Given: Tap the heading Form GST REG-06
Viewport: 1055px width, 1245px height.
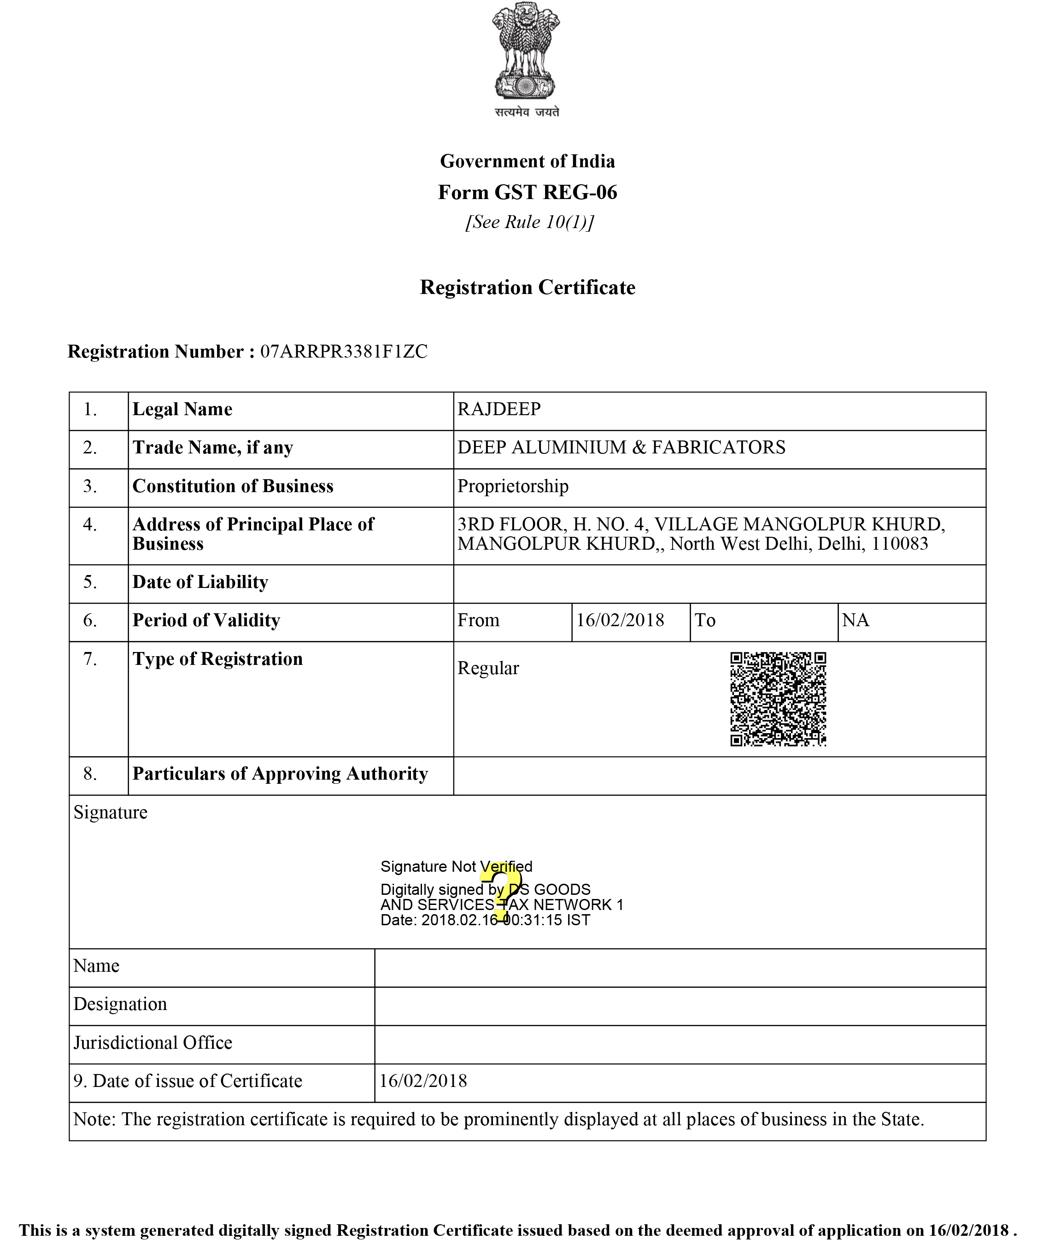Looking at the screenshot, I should (x=527, y=192).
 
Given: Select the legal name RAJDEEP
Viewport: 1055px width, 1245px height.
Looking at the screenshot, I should (x=499, y=409).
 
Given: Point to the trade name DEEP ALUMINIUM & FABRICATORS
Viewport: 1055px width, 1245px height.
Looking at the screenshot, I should (x=621, y=447).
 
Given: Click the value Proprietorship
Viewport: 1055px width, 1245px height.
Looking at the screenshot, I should (x=513, y=486).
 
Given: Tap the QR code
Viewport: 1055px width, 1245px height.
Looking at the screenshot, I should (x=778, y=699).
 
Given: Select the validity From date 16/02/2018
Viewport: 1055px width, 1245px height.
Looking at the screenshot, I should (x=620, y=620).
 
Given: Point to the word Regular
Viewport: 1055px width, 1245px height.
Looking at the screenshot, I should (x=488, y=668).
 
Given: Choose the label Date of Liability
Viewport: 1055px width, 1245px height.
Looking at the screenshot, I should (x=200, y=582).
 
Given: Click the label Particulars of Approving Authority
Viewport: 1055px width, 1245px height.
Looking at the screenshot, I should (x=280, y=774).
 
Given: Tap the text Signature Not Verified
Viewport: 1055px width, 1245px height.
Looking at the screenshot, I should (x=456, y=867).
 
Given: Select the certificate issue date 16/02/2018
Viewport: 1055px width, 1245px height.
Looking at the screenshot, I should (x=423, y=1081).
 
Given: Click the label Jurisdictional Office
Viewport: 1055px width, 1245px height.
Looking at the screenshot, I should (x=152, y=1043).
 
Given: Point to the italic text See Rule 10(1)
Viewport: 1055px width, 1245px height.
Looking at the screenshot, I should (x=529, y=222).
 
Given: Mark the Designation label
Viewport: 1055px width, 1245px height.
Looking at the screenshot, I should (x=120, y=1004).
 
